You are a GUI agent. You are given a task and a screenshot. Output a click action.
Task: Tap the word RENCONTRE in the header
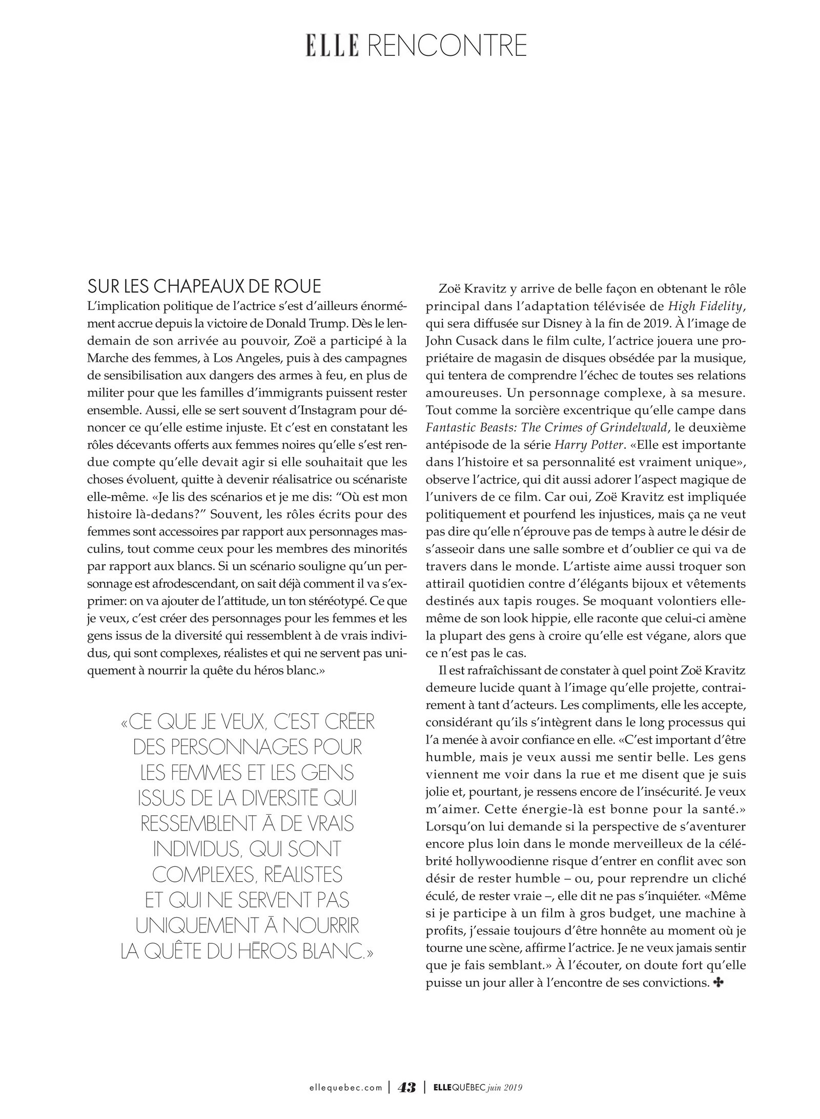(x=446, y=46)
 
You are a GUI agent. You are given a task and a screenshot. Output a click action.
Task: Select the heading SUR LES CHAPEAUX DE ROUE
(x=204, y=286)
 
